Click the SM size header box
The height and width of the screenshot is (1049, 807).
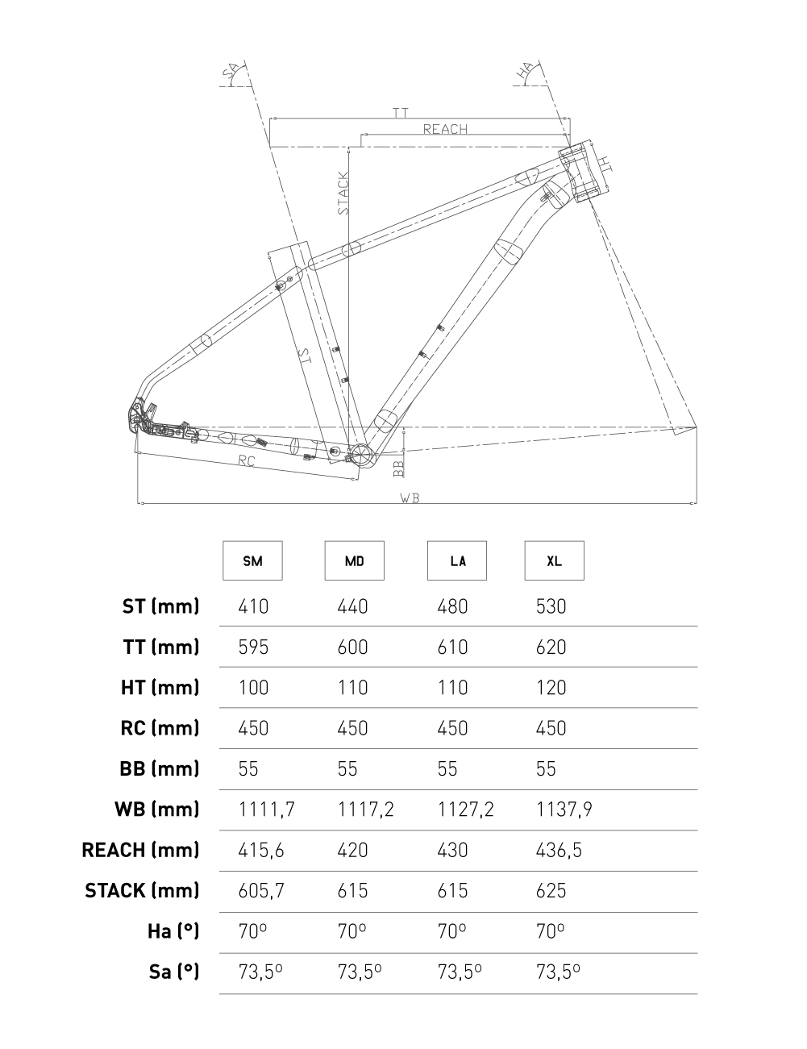click(x=252, y=560)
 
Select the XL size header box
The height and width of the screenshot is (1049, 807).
click(x=554, y=560)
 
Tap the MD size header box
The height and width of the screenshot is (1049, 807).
click(x=354, y=560)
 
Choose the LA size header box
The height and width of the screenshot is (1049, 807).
click(x=456, y=560)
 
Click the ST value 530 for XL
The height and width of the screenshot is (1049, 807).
click(x=551, y=606)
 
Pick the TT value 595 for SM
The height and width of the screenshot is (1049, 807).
click(x=253, y=647)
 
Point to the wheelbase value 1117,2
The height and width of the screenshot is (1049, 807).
click(x=365, y=810)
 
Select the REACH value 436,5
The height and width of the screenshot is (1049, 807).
click(x=559, y=850)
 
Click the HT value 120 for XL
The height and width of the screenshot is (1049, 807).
click(x=551, y=688)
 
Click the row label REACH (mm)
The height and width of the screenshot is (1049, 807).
click(x=140, y=850)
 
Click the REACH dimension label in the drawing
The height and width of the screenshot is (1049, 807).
click(x=445, y=129)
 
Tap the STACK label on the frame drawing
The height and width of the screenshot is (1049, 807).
click(x=343, y=193)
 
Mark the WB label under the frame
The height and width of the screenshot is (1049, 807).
click(x=410, y=498)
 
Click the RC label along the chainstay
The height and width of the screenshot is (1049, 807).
click(x=247, y=461)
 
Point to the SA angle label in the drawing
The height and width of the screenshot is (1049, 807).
click(x=234, y=74)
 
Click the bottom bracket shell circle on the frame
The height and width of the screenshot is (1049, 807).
click(x=361, y=456)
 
